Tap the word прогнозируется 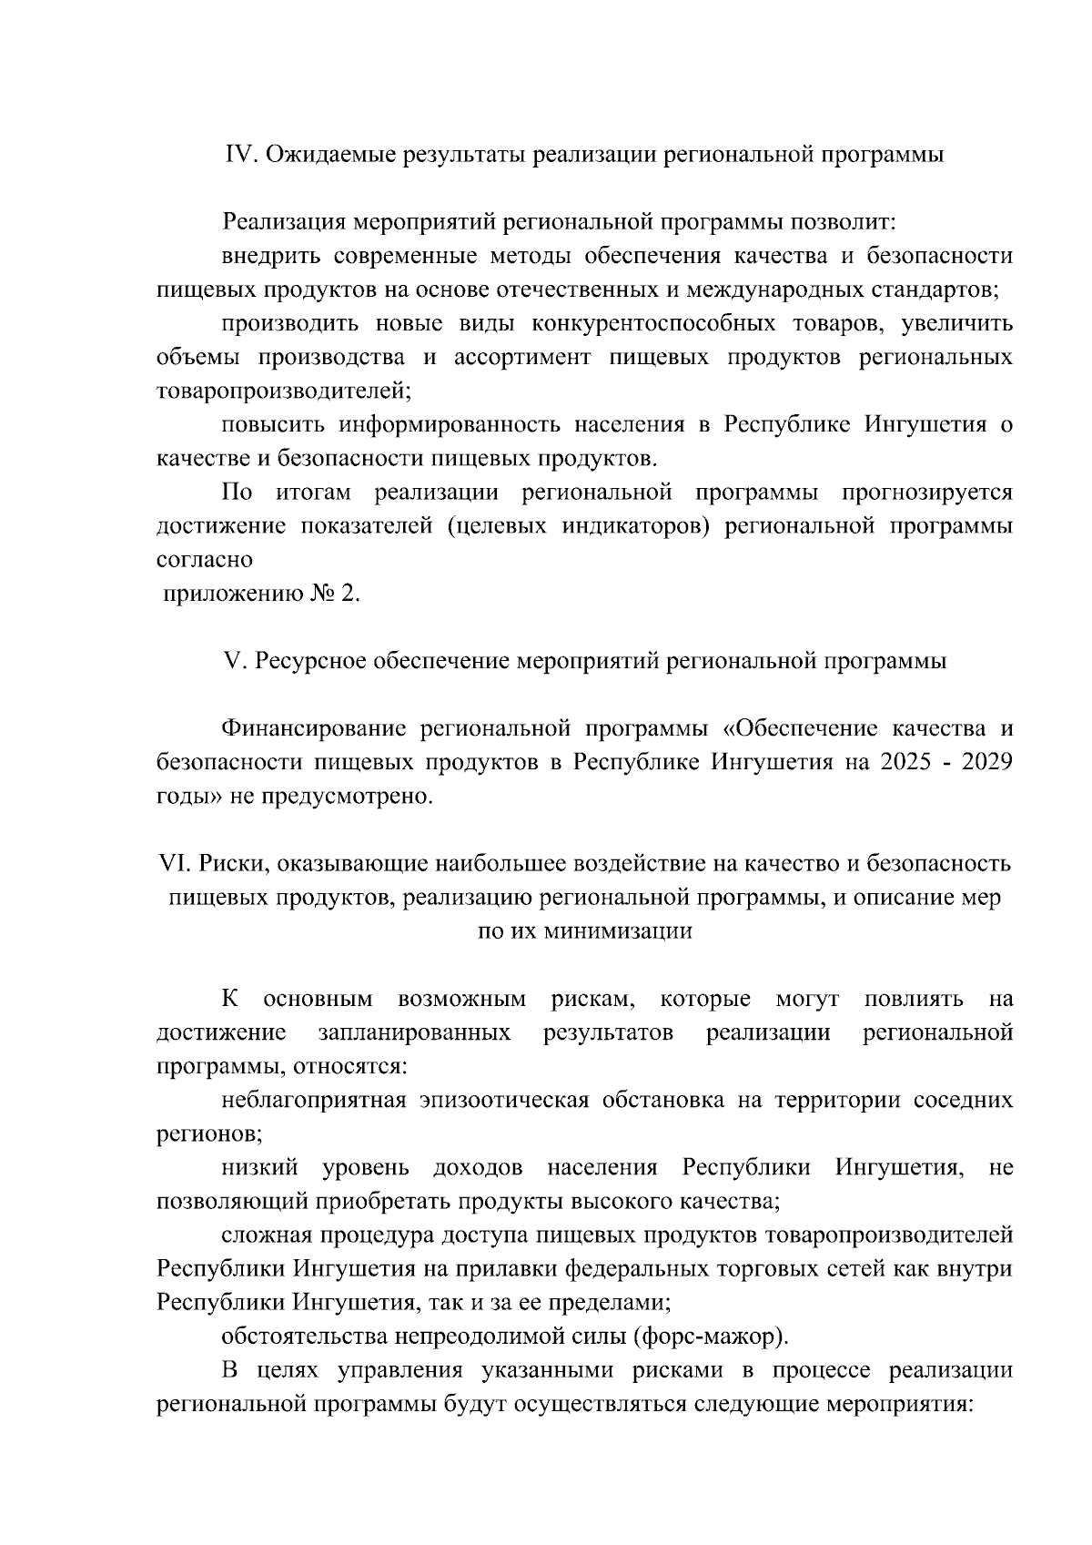click(926, 493)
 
